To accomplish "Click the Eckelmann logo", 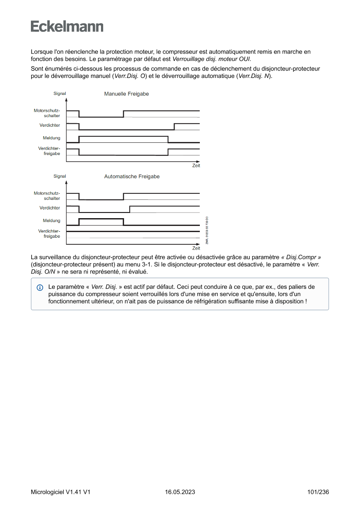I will click(67, 27).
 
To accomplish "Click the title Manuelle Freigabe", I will click(126, 94).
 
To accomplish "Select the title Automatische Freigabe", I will click(131, 177).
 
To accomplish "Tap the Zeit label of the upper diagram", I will click(196, 165).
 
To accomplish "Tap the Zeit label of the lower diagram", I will click(196, 248).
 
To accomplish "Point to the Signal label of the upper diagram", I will click(60, 94).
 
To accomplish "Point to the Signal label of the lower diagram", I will click(60, 176).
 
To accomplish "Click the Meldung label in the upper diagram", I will click(51, 138).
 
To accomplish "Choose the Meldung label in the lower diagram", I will click(51, 221).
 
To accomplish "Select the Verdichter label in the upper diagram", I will click(50, 125).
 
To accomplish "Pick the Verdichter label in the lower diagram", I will click(50, 208).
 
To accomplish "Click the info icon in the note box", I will click(40, 288).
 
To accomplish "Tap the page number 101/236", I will click(318, 492).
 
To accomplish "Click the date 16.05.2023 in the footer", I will click(180, 492).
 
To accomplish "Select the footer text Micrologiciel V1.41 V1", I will click(61, 492).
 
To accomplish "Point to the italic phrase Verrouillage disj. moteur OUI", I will click(212, 58).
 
